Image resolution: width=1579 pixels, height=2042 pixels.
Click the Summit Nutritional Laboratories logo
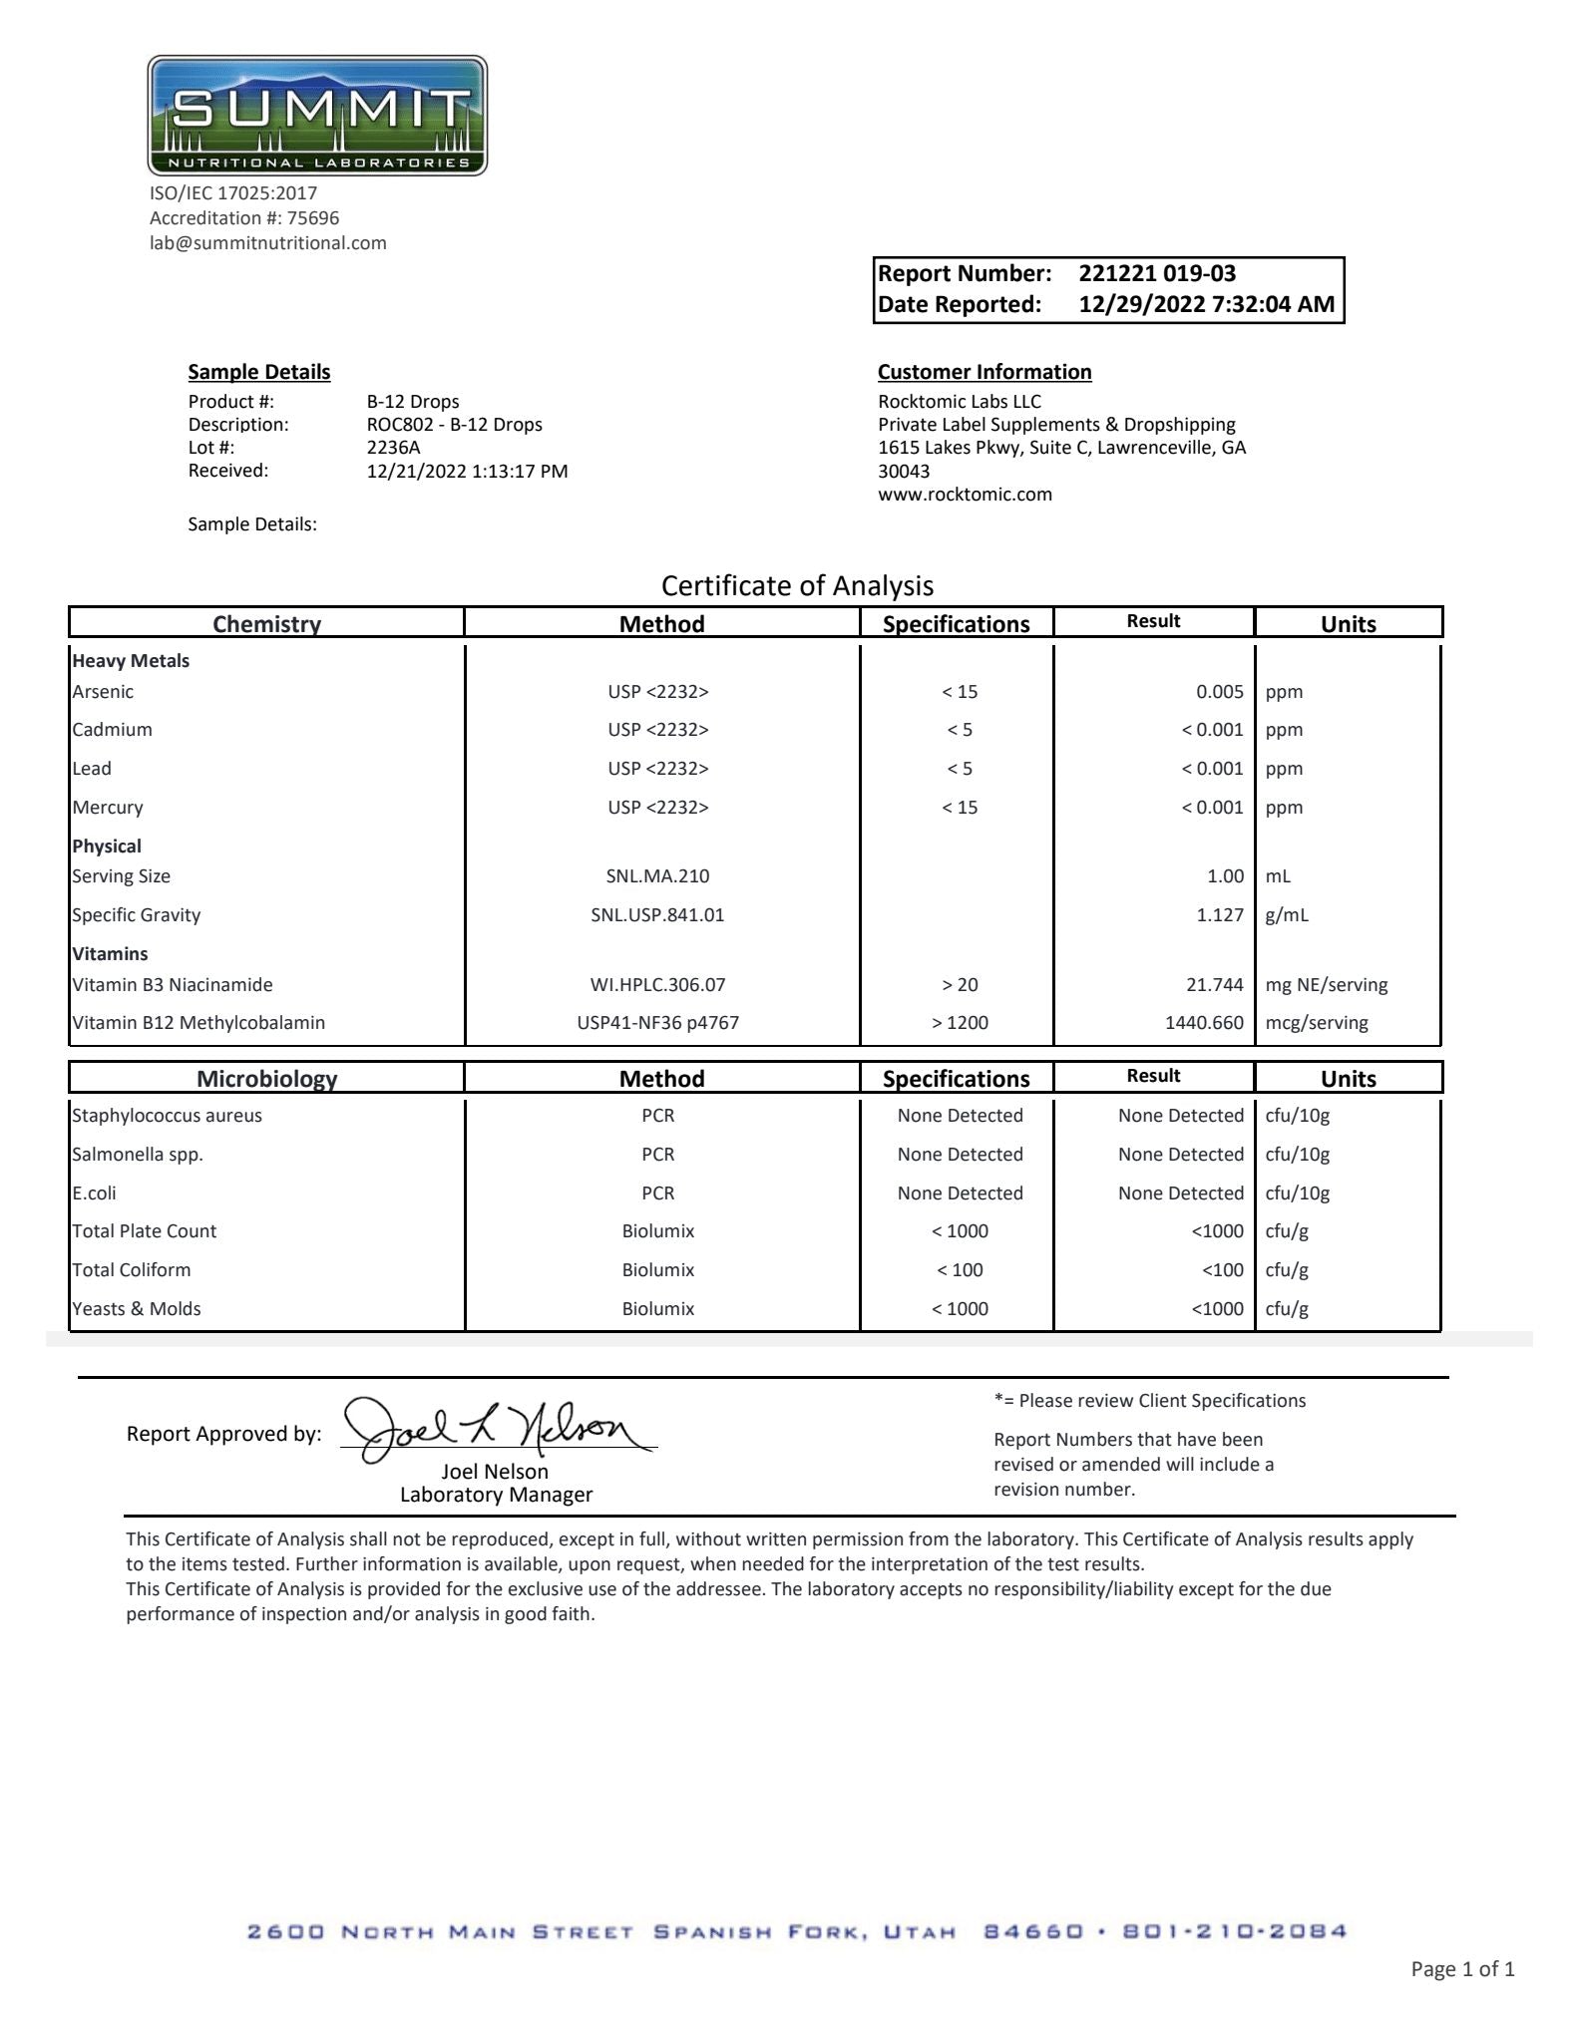[x=317, y=116]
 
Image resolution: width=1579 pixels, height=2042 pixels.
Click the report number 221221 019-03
[x=1157, y=273]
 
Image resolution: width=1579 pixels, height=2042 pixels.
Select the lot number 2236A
[x=393, y=448]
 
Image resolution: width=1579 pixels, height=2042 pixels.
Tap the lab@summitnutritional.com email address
[x=267, y=243]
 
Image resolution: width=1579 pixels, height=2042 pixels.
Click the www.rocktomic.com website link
[x=965, y=495]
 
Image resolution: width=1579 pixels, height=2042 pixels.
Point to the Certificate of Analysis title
[x=797, y=585]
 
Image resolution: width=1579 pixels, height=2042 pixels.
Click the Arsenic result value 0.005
[x=1219, y=692]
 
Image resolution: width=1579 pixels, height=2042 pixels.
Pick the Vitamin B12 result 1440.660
[x=1204, y=1023]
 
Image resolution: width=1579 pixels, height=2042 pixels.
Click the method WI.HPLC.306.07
[x=657, y=985]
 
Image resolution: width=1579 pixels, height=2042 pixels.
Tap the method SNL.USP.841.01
[x=657, y=915]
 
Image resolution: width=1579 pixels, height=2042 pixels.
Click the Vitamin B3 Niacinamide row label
[x=172, y=985]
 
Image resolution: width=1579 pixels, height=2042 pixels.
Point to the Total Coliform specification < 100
[x=960, y=1270]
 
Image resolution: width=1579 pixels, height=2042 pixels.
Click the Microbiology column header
[x=266, y=1078]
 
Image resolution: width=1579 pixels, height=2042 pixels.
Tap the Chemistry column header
[x=266, y=624]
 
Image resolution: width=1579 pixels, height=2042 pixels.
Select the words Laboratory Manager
[x=496, y=1495]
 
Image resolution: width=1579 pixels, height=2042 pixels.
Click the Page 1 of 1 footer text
[x=1461, y=1968]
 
